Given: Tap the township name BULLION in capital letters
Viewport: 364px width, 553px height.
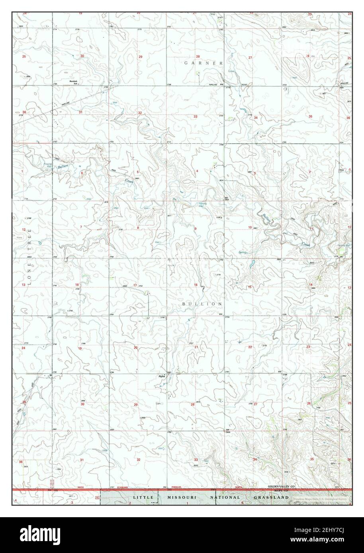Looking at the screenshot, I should (x=202, y=304).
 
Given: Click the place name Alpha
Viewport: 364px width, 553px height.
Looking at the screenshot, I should (x=162, y=375).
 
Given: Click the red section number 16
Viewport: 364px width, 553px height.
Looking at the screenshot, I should (x=196, y=285).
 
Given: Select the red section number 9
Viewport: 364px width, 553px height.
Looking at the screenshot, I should (x=196, y=228).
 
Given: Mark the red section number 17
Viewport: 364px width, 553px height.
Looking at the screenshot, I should (x=135, y=285).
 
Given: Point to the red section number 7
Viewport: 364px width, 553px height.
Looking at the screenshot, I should (x=81, y=227).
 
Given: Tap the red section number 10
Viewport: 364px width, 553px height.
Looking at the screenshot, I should (x=250, y=227).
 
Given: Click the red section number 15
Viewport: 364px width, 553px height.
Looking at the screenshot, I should (x=250, y=287).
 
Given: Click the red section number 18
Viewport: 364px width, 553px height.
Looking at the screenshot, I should (x=77, y=285).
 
